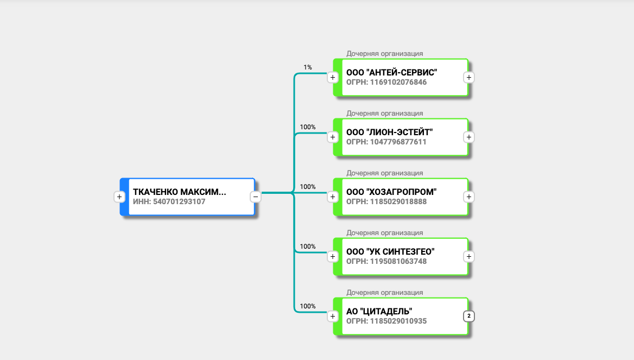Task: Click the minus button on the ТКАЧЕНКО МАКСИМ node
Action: coord(256,197)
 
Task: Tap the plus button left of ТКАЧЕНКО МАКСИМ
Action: coord(119,197)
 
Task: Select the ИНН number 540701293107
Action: coord(169,201)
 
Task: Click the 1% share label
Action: coord(308,67)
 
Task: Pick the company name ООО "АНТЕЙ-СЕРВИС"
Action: coord(391,72)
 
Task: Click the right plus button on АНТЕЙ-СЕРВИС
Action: coord(469,77)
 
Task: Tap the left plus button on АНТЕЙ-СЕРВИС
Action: coord(333,77)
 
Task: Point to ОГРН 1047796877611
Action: coord(386,142)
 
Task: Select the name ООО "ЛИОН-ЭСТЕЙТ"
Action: coord(390,132)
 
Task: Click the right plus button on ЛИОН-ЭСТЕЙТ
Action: coord(469,137)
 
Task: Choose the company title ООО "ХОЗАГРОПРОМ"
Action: coord(391,192)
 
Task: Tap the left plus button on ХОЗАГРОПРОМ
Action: coord(333,197)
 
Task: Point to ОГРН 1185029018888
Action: coord(386,201)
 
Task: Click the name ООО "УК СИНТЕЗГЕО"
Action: coord(390,251)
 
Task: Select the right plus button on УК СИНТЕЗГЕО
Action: coord(469,256)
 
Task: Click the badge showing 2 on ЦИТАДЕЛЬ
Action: coord(469,316)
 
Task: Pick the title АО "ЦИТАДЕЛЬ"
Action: coord(379,311)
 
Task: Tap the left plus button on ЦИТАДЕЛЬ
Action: coord(333,316)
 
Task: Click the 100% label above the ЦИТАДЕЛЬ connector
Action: coord(308,306)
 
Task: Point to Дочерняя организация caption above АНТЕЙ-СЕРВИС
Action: coord(385,54)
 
